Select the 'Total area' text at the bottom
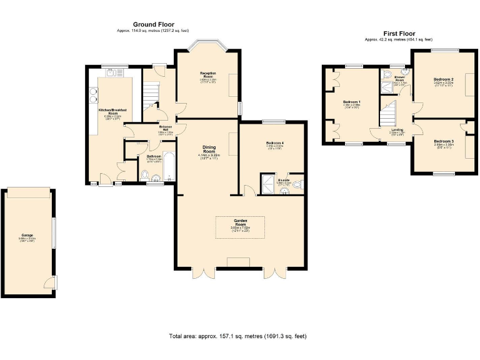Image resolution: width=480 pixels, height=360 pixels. (x=237, y=336)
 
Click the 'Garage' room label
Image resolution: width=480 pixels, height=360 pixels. (x=27, y=236)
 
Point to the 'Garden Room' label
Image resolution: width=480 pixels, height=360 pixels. (x=241, y=221)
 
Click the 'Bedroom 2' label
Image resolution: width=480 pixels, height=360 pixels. (x=443, y=79)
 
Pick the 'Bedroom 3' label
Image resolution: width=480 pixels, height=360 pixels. (x=443, y=141)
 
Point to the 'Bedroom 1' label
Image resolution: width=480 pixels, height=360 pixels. (x=351, y=102)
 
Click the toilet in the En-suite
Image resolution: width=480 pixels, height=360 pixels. (x=297, y=184)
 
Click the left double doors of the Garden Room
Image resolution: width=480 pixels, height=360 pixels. (x=204, y=272)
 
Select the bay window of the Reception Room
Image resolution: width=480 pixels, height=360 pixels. (x=207, y=46)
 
